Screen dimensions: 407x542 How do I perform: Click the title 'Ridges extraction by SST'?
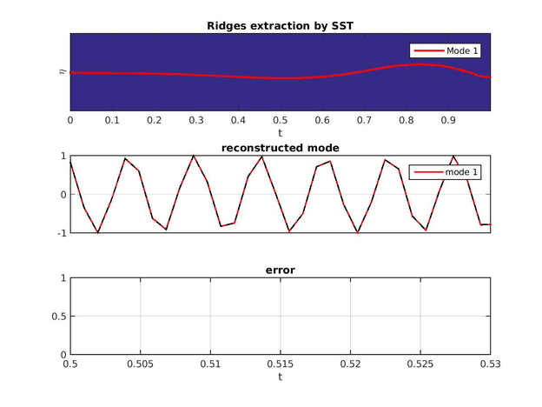[280, 25]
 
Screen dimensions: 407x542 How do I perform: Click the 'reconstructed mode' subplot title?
[280, 148]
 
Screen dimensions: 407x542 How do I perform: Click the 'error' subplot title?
[280, 270]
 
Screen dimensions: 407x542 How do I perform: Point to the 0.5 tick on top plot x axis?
[280, 120]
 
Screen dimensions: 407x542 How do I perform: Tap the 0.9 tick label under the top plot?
[448, 120]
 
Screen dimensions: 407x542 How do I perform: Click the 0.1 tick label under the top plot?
[112, 120]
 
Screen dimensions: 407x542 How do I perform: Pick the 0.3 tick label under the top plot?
[195, 120]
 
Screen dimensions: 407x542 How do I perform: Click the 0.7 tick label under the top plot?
[364, 120]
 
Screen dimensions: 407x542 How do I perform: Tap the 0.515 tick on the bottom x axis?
[281, 365]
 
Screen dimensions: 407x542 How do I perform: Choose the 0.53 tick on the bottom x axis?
[490, 365]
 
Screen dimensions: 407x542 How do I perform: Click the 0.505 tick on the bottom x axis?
[140, 365]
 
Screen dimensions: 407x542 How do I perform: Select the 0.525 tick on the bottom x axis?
[420, 365]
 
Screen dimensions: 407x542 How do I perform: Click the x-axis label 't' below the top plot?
[280, 133]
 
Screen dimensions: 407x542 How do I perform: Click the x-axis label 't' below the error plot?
[280, 378]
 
